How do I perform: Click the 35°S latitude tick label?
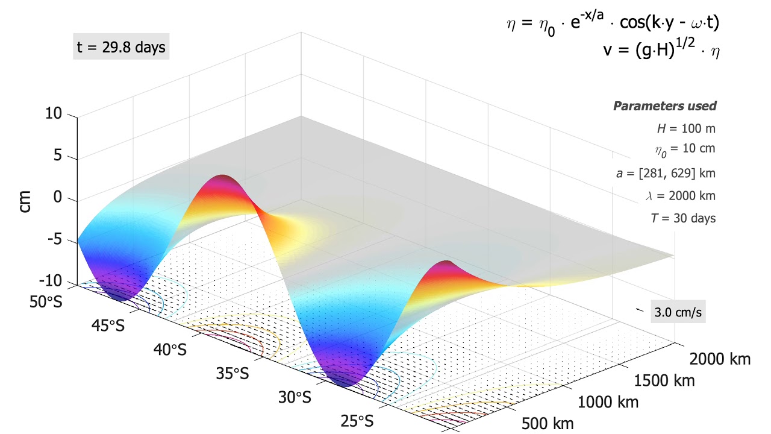[232, 374]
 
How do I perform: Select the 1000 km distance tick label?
[608, 401]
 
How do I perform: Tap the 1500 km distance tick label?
[664, 380]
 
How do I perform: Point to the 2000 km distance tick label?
[720, 359]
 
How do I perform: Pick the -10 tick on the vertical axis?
[51, 281]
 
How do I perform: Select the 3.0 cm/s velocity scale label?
[678, 313]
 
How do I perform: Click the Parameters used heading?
[664, 106]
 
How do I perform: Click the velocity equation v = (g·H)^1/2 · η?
[661, 49]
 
